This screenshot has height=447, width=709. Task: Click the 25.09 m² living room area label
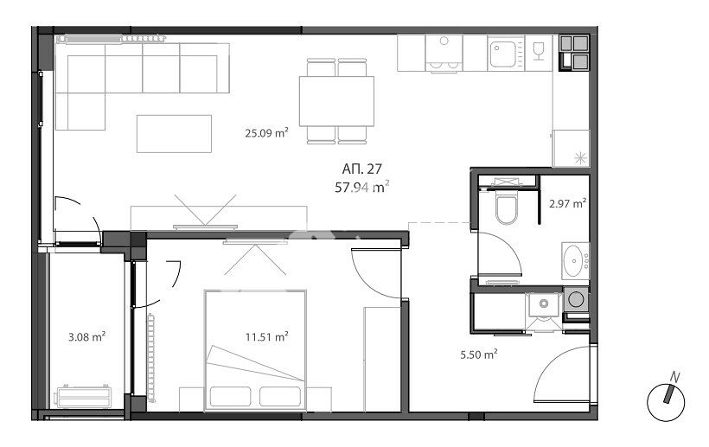(267, 133)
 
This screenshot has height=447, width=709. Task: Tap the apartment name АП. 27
(361, 169)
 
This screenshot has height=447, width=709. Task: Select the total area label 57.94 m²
(361, 187)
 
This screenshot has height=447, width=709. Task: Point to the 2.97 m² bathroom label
(568, 203)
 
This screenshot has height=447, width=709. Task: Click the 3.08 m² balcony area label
(86, 336)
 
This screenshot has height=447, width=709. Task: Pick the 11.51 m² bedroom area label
(267, 336)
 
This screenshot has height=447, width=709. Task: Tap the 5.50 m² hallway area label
(479, 354)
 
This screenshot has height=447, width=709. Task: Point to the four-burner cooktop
(574, 53)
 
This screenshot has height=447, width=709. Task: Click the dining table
(336, 101)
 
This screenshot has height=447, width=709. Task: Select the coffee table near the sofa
(174, 134)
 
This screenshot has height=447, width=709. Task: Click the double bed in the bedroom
(255, 351)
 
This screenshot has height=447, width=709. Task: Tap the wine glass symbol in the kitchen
(538, 51)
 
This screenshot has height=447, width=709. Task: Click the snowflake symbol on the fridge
(580, 158)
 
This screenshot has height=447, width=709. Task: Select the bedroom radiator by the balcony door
(150, 357)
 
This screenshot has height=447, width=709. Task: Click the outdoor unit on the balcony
(83, 396)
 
